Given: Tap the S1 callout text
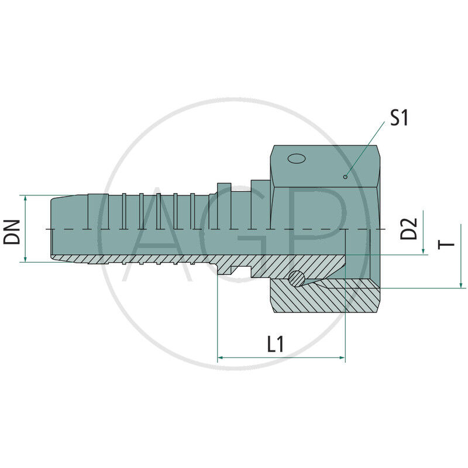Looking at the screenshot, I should (399, 118).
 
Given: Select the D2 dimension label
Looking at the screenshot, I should (411, 228).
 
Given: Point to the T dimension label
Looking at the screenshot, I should (448, 244).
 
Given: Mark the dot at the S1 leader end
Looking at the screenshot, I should (346, 175).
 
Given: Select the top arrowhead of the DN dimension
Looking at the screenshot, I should (26, 199).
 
